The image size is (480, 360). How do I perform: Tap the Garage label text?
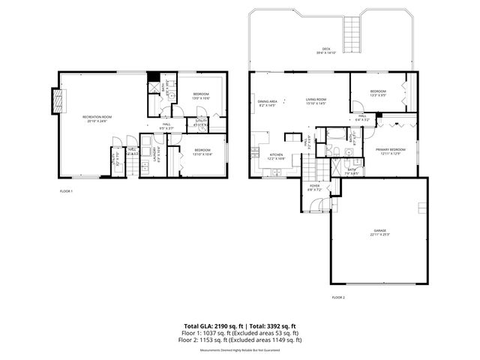coord(379,231)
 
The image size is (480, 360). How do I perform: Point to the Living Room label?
coord(315,100)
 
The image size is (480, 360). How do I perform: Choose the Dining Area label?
coord(268,102)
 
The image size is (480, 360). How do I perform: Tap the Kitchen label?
coord(277,155)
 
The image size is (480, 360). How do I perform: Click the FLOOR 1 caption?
coord(66,192)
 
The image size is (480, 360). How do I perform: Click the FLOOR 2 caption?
coord(338,298)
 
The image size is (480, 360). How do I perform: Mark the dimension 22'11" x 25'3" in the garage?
coord(379,235)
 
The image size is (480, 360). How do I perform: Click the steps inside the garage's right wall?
coord(422,207)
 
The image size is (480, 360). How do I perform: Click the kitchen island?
coord(289,137)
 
